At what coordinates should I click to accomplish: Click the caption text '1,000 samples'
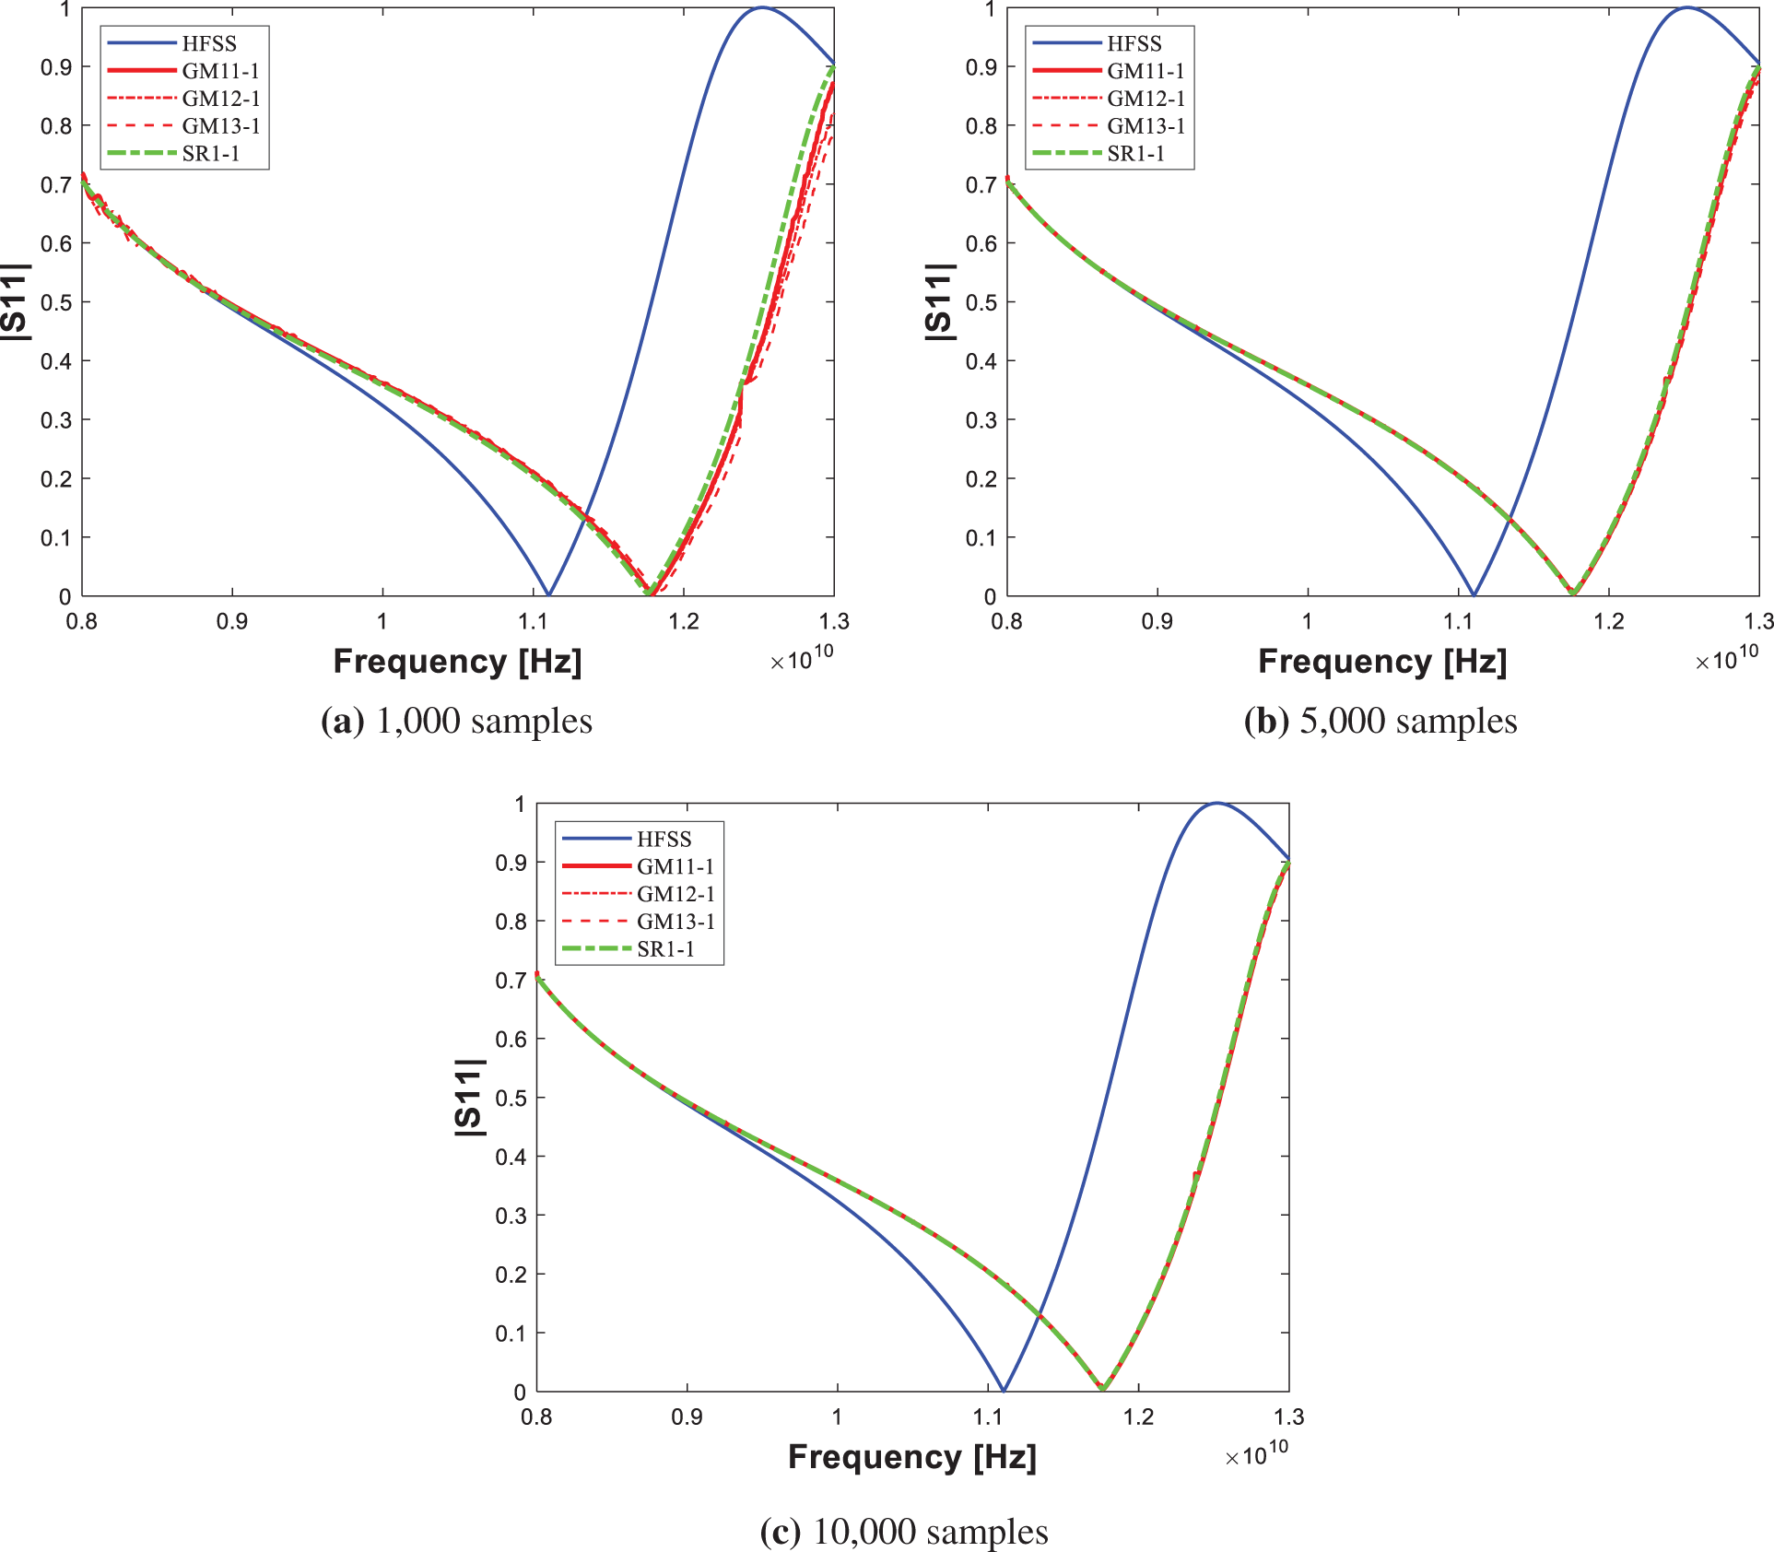tap(484, 721)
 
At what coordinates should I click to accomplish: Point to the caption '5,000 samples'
tap(1407, 721)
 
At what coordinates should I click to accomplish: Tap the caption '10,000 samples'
tap(930, 1532)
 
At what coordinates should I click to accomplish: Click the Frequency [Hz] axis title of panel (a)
tap(457, 662)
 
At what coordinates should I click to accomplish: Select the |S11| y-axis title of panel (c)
tap(469, 1097)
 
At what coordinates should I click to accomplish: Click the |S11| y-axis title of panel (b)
tap(937, 301)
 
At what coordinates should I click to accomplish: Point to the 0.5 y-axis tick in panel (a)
tap(56, 302)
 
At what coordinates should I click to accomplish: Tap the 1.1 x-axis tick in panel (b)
tap(1458, 621)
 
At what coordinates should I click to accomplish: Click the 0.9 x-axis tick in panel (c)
tap(687, 1417)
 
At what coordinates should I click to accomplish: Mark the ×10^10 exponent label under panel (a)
tap(801, 658)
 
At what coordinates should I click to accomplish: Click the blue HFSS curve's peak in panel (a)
tap(762, 8)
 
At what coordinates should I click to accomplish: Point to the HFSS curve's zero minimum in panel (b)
tap(1474, 594)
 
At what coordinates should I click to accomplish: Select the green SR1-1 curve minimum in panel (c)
tap(1102, 1388)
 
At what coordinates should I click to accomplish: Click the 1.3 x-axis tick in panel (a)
tap(834, 621)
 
